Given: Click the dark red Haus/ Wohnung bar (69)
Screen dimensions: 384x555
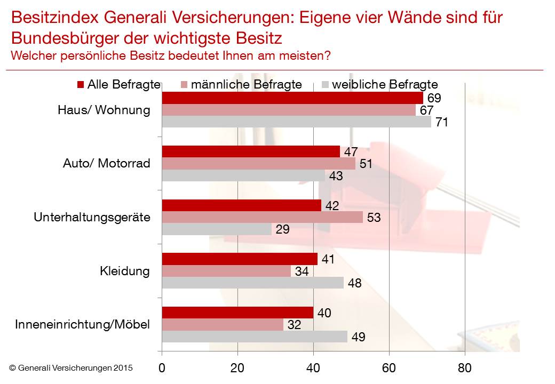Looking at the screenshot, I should tap(292, 98).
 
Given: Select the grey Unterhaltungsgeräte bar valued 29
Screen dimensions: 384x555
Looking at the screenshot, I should tap(217, 229).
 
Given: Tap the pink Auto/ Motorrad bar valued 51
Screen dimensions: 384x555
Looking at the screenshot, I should tap(258, 164).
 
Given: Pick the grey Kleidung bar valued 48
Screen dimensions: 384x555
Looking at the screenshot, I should tap(252, 283).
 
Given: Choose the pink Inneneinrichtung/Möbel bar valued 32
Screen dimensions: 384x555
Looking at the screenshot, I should tap(223, 325).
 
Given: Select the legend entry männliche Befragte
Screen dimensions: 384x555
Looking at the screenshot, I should tap(241, 84).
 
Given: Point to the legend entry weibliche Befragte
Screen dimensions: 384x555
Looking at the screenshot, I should tap(380, 84).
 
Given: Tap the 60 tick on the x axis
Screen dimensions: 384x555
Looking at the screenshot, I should tap(389, 367).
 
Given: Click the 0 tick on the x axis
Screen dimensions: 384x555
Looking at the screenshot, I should tap(162, 367).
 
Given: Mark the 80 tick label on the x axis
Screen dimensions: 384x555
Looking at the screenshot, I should tap(465, 367).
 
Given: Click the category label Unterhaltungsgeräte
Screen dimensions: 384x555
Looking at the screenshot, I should tap(92, 218).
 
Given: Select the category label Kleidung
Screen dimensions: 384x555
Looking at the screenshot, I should tap(124, 271).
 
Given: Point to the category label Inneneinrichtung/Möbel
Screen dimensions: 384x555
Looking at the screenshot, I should tap(83, 325).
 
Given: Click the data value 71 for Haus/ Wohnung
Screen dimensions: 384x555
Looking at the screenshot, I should tap(441, 122).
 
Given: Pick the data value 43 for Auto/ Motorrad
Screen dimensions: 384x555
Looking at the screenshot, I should tap(336, 176).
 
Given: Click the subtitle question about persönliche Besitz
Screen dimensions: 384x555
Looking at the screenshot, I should tap(171, 55).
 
